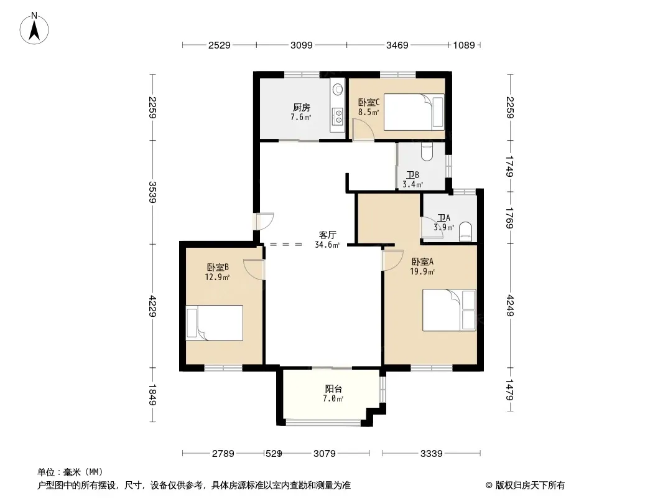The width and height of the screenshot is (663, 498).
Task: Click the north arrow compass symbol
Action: (34, 29)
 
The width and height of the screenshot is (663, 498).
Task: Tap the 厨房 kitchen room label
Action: (302, 108)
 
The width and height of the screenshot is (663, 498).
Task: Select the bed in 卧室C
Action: (414, 111)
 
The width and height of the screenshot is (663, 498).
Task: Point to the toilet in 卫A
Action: (466, 232)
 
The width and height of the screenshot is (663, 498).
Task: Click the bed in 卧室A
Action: (449, 310)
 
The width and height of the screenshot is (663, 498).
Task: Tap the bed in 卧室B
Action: (215, 323)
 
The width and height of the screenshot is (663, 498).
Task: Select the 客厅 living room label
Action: (327, 235)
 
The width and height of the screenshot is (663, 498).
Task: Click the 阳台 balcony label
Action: (333, 389)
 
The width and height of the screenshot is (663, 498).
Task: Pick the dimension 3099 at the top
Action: (302, 45)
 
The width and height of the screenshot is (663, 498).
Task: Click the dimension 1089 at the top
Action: (464, 45)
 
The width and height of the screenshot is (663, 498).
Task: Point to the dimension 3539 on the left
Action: (152, 192)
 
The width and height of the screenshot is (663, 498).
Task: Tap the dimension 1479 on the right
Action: (510, 390)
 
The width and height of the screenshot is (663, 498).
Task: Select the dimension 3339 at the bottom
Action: (431, 454)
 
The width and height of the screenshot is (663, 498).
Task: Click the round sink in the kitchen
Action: (338, 89)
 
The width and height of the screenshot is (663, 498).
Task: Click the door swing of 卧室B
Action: (254, 270)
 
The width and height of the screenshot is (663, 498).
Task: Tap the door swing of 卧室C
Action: (363, 129)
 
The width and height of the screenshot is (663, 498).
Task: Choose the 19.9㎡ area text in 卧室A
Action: (422, 271)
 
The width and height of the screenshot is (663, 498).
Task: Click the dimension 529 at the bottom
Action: (274, 454)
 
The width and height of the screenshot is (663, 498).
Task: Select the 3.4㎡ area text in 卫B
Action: (413, 184)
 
